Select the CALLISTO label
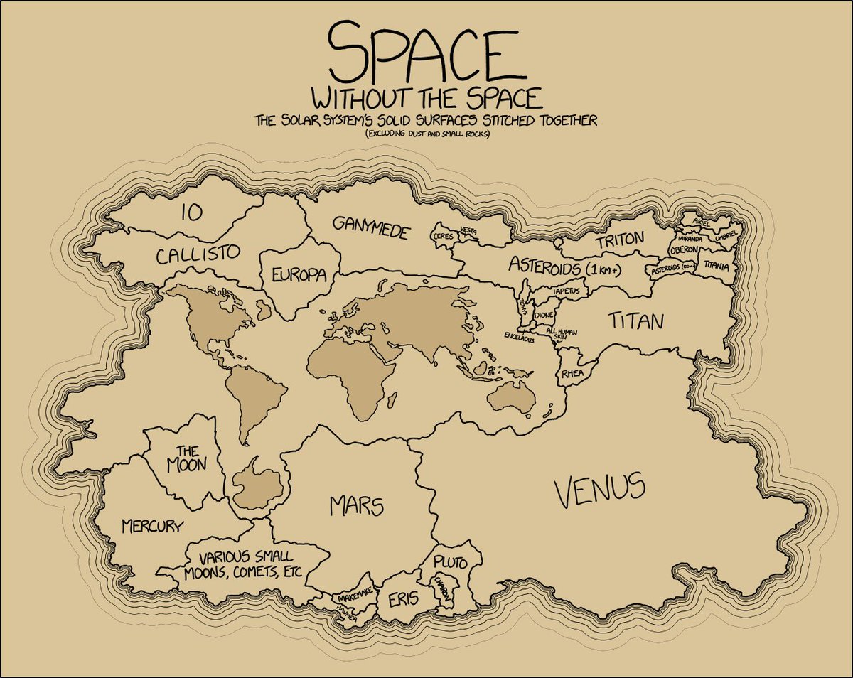pos(198,254)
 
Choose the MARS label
pos(357,506)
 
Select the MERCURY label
pos(151,526)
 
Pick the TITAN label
pos(635,321)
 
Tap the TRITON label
pos(620,240)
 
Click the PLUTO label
pos(450,564)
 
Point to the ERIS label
pos(403,601)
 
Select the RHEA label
pos(572,373)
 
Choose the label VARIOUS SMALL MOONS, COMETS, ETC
pos(245,565)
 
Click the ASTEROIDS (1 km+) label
pos(565,267)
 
